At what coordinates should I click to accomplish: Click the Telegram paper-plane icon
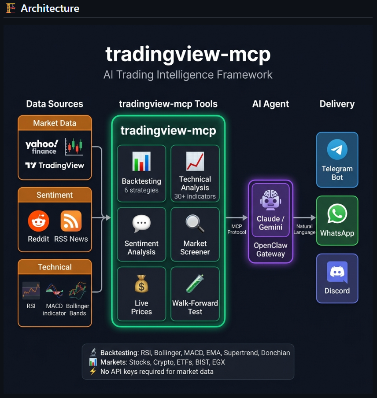(x=337, y=150)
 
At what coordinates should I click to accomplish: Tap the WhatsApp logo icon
(x=337, y=214)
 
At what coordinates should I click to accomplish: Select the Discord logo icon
(x=337, y=272)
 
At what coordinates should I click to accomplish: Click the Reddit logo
(x=38, y=221)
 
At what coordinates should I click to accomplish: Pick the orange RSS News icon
(x=71, y=221)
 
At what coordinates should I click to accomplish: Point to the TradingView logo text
(x=55, y=166)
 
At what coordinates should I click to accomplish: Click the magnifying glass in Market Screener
(x=195, y=224)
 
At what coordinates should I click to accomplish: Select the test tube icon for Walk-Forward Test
(x=195, y=284)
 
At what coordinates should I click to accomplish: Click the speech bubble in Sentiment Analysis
(x=141, y=224)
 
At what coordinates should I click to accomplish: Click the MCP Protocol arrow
(x=237, y=217)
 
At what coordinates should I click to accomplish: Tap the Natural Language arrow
(x=305, y=217)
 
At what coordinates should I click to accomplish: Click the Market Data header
(x=55, y=123)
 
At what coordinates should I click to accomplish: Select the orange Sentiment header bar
(x=55, y=195)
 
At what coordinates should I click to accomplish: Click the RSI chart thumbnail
(x=31, y=291)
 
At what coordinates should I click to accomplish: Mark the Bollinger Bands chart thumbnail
(x=78, y=291)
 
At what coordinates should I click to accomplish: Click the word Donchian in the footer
(x=275, y=353)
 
